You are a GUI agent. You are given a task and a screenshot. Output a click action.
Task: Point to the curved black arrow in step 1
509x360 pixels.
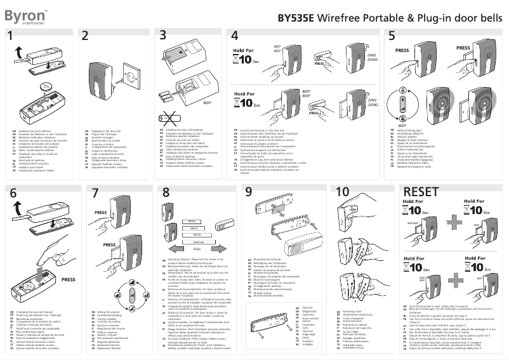tap(22, 58)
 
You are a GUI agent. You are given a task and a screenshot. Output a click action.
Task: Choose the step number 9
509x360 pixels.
tap(249, 192)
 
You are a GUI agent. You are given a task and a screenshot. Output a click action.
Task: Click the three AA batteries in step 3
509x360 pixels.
tap(169, 95)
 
